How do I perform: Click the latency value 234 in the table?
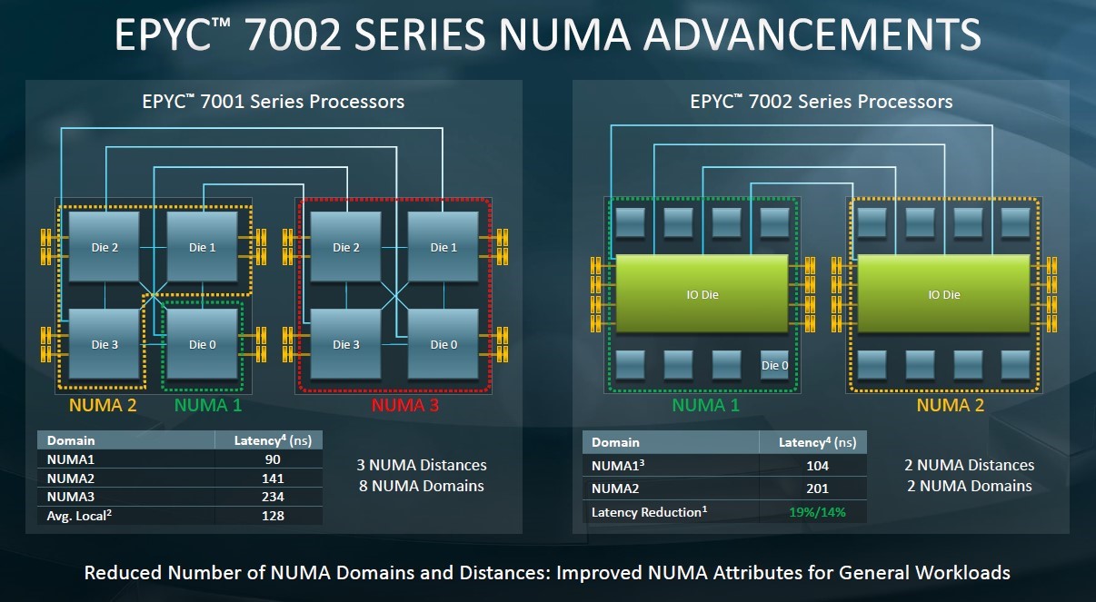point(273,497)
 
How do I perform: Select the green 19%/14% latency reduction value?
point(817,512)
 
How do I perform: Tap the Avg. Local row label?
point(79,516)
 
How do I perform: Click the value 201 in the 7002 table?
point(817,489)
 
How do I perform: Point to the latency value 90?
point(273,459)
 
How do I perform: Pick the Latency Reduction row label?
point(649,512)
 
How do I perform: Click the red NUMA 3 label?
point(404,405)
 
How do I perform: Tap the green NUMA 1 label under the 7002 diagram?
point(705,405)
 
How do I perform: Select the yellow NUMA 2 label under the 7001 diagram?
point(103,405)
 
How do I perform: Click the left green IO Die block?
point(702,294)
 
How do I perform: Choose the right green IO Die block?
point(944,294)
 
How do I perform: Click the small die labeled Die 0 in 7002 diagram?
point(774,365)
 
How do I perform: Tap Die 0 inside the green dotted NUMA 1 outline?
point(202,344)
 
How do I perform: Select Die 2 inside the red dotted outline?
point(346,247)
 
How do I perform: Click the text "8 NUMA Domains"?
point(422,486)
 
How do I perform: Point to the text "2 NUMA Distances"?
point(970,465)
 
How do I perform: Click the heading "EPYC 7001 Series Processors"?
point(273,101)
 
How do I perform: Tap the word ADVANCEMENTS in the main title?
point(812,35)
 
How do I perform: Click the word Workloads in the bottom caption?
point(962,572)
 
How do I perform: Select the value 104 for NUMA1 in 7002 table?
point(817,466)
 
